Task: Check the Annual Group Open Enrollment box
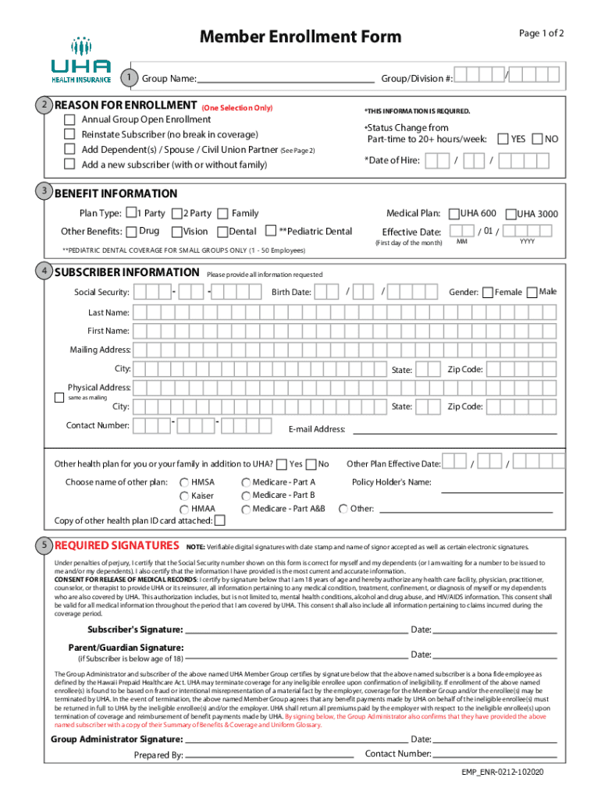pyautogui.click(x=69, y=120)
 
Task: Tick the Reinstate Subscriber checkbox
pyautogui.click(x=69, y=135)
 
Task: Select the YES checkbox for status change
pyautogui.click(x=503, y=139)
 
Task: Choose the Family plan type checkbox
pyautogui.click(x=223, y=213)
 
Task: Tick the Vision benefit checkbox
pyautogui.click(x=177, y=231)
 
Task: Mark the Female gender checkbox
pyautogui.click(x=487, y=293)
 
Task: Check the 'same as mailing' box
pyautogui.click(x=59, y=398)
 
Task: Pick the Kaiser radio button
pyautogui.click(x=184, y=496)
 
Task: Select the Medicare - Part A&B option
pyautogui.click(x=247, y=509)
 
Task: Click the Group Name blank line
pyautogui.click(x=286, y=80)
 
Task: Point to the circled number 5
pyautogui.click(x=45, y=544)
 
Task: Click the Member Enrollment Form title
pyautogui.click(x=300, y=37)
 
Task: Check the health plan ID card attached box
pyautogui.click(x=220, y=520)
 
